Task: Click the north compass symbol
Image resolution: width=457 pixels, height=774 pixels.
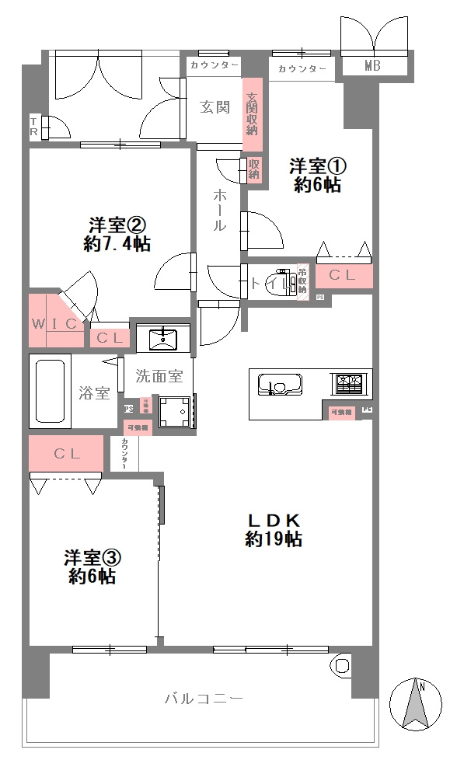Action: click(x=416, y=704)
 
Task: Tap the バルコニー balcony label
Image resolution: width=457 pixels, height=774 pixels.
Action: click(x=204, y=699)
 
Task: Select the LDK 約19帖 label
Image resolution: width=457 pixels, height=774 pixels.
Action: click(x=274, y=529)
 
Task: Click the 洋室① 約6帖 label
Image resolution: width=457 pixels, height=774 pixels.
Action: click(x=317, y=175)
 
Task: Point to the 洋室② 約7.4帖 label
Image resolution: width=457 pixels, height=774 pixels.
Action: click(x=117, y=234)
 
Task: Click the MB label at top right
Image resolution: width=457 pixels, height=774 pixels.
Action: click(x=372, y=67)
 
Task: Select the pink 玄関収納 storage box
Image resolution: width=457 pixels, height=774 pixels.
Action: click(x=253, y=113)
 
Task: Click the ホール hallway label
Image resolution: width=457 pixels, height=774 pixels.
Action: click(x=220, y=210)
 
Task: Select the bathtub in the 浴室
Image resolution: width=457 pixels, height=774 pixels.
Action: click(x=51, y=391)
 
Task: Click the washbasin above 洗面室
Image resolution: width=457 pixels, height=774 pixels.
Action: click(x=163, y=337)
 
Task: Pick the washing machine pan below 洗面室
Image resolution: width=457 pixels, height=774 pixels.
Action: click(x=175, y=412)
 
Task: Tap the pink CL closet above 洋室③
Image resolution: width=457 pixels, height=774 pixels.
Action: click(x=66, y=454)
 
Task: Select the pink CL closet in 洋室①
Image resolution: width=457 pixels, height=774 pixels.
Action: click(x=343, y=275)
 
